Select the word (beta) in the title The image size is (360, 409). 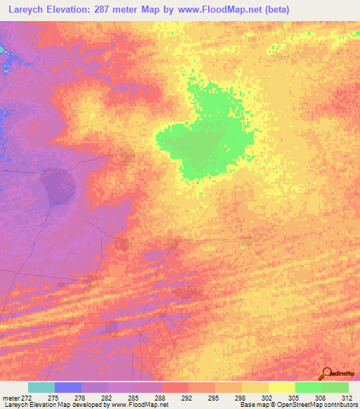(274, 10)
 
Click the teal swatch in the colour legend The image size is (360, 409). (41, 387)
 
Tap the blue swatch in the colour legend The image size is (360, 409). (68, 387)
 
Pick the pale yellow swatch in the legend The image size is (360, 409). (281, 387)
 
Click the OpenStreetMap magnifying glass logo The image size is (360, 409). (326, 373)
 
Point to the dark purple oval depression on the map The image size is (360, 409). (58, 185)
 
